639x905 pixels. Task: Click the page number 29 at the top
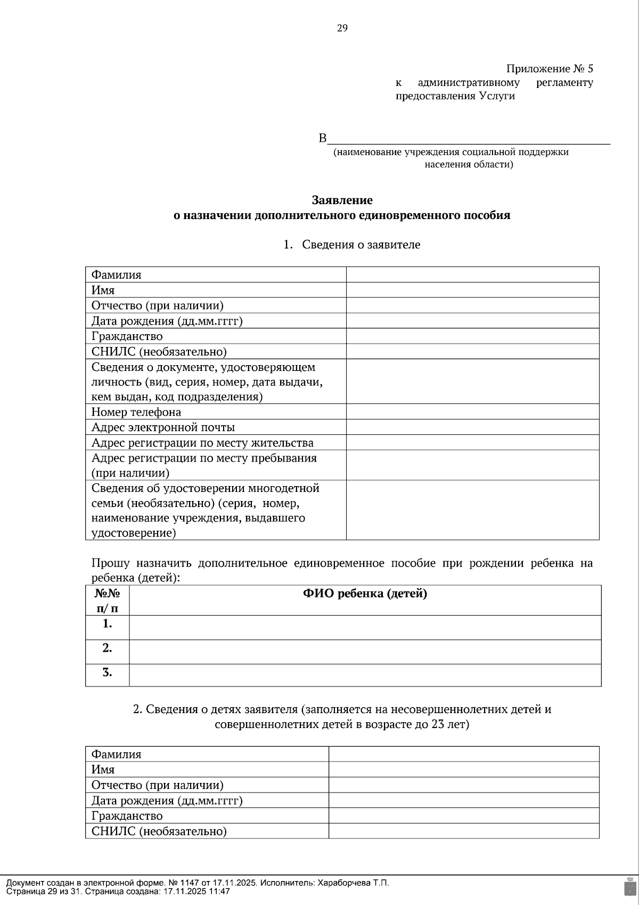(342, 28)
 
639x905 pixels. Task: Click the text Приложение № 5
(549, 69)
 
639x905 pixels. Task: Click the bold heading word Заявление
(342, 200)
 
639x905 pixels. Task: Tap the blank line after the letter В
(469, 140)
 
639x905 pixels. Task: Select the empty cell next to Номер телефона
(472, 411)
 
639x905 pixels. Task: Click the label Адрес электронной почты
(163, 427)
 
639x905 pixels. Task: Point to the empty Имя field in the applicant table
(472, 290)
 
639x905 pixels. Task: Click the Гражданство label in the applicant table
(127, 336)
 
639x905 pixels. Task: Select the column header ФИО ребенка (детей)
(365, 594)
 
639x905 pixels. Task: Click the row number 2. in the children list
(107, 648)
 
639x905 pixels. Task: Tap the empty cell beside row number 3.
(365, 674)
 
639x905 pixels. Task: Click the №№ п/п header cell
(107, 601)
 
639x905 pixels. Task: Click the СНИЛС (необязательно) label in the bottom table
(159, 831)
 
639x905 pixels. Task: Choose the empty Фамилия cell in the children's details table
(463, 754)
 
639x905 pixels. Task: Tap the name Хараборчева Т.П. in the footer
(353, 883)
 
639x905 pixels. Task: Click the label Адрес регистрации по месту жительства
(202, 443)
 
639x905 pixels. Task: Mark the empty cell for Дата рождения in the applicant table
(472, 321)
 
